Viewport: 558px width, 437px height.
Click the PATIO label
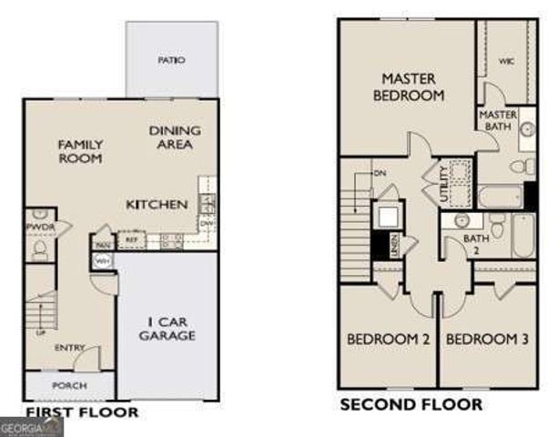(x=171, y=60)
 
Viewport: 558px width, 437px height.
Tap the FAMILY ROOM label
(x=80, y=151)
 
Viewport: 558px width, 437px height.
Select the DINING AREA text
(x=175, y=137)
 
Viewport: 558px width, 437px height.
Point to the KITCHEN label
(x=157, y=204)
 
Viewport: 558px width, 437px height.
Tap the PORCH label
(x=69, y=386)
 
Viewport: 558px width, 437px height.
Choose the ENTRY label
(x=69, y=348)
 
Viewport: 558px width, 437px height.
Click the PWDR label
(x=36, y=227)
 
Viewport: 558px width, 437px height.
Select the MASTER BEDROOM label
(x=412, y=86)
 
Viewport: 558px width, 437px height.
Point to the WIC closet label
(x=507, y=61)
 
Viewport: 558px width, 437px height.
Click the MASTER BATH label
(x=498, y=120)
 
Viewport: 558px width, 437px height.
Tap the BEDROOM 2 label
(x=389, y=340)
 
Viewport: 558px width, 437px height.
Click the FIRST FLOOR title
(x=82, y=412)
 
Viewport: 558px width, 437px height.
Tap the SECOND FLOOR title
(x=411, y=404)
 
